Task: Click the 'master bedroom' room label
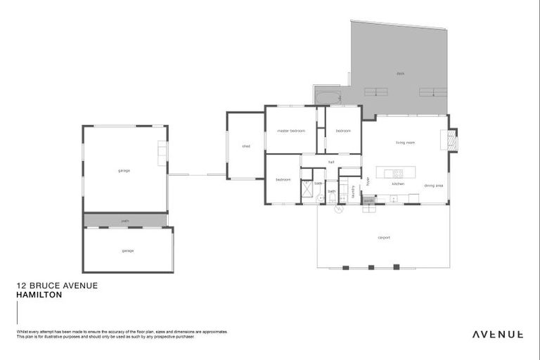click(x=290, y=131)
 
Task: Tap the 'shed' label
click(x=246, y=146)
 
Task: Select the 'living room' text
click(x=405, y=143)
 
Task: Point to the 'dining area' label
click(x=433, y=186)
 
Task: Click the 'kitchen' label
click(x=398, y=184)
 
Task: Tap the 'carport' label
click(x=384, y=238)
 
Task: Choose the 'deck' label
click(x=400, y=73)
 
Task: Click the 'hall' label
click(x=330, y=162)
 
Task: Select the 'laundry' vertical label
click(x=352, y=191)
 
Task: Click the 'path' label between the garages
click(x=125, y=221)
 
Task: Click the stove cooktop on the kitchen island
click(x=398, y=172)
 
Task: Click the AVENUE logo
click(x=497, y=334)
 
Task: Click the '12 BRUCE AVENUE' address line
click(x=56, y=286)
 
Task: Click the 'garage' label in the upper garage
click(x=124, y=170)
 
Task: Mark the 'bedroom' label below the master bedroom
click(x=283, y=179)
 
